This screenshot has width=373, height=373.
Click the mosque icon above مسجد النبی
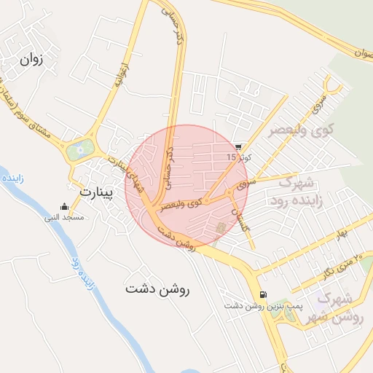pos(65,206)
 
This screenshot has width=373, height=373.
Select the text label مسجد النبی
pos(64,217)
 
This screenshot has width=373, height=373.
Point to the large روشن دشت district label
pos(157,288)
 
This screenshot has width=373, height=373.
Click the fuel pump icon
pos(262,295)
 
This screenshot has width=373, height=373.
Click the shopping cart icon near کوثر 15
pos(238,146)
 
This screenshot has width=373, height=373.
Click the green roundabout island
pos(79,151)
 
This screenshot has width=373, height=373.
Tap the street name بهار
pos(337,232)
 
